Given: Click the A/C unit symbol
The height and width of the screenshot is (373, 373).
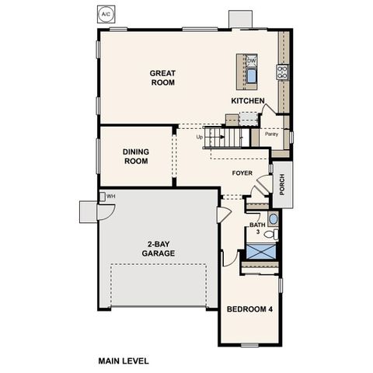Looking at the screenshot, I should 106,14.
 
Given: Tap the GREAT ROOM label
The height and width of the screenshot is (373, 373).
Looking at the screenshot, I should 163,78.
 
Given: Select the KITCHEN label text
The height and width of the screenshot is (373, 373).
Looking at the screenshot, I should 249,101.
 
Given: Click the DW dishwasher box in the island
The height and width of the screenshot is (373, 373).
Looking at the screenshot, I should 252,61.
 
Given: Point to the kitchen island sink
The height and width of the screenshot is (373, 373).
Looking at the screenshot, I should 252,75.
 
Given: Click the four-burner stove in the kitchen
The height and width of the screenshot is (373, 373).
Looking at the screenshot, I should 281,73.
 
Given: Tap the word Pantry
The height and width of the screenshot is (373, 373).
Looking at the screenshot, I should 271,134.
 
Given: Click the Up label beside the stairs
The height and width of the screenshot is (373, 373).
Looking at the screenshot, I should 200,138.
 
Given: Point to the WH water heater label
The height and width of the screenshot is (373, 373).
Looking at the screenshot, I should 111,197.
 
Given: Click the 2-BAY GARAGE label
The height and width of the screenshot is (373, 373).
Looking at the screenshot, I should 158,249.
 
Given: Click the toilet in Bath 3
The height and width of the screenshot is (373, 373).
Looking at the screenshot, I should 269,232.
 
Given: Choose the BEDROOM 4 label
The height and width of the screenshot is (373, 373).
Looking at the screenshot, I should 249,309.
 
